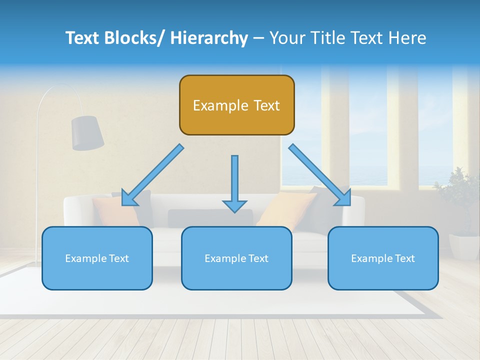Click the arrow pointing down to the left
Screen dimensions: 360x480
[x=152, y=175]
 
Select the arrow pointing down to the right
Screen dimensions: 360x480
[x=320, y=175]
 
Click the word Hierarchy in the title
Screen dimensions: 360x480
[x=209, y=38]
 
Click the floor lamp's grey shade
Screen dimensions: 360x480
[x=87, y=132]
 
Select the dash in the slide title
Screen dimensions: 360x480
[x=258, y=38]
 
